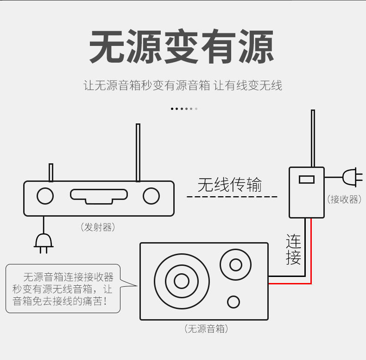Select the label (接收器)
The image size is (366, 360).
point(344,199)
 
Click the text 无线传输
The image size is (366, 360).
point(229,184)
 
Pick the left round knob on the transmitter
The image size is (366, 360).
point(45,196)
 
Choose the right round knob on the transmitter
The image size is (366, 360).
point(151,196)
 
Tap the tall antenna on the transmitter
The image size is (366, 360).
point(138,152)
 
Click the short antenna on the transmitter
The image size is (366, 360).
point(51,172)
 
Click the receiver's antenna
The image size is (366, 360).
point(313,138)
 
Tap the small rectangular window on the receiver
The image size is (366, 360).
point(307,179)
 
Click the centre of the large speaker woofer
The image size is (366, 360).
point(181,281)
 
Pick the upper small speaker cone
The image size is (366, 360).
point(235,265)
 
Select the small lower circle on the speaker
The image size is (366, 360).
point(233,302)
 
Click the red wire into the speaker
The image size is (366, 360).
point(311,260)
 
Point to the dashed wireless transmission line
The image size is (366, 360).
point(232,197)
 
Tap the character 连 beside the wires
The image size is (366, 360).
point(293,241)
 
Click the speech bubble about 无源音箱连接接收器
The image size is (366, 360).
point(63,289)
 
